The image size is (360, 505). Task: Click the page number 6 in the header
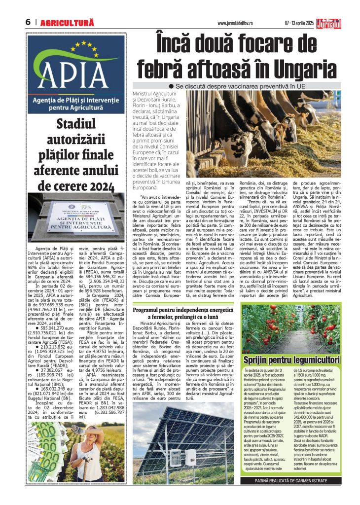coord(29,22)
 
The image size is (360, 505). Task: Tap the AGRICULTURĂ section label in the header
coord(67,23)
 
